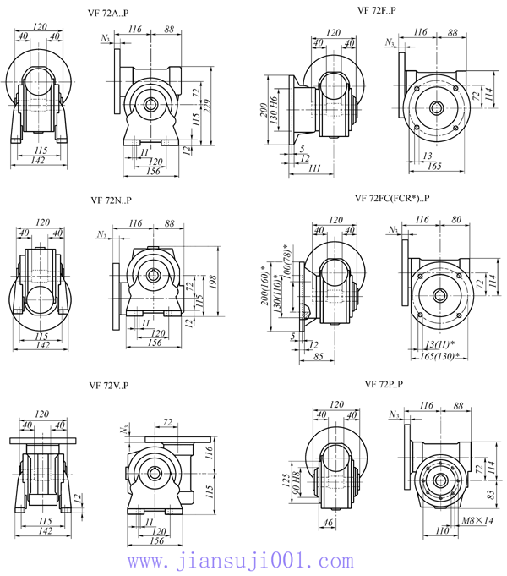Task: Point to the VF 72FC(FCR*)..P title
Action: pos(393,199)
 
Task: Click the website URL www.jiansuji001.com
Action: pos(239,560)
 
